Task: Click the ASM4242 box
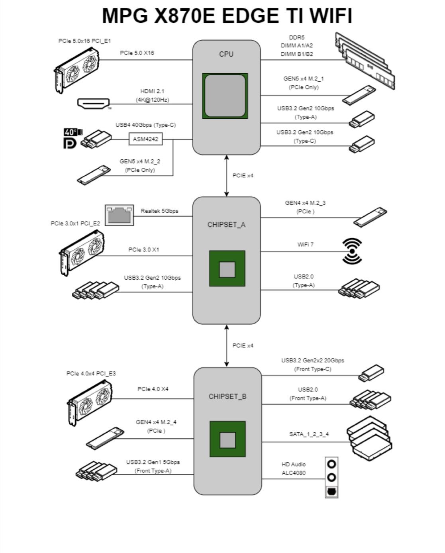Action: click(x=146, y=139)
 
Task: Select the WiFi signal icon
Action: click(x=352, y=251)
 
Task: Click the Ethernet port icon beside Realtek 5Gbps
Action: click(x=119, y=215)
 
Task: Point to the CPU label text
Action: click(x=226, y=54)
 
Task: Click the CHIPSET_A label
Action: click(x=226, y=225)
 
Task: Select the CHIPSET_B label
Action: click(x=227, y=396)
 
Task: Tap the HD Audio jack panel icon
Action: click(x=331, y=477)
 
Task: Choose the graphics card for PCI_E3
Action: click(x=89, y=402)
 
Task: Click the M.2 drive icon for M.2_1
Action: click(x=359, y=95)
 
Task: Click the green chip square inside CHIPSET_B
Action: click(x=227, y=439)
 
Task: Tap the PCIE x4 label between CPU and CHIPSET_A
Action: click(x=243, y=176)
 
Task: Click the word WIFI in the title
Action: click(x=331, y=16)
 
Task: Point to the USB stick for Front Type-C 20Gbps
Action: click(x=371, y=373)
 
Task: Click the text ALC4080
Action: click(x=294, y=473)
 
